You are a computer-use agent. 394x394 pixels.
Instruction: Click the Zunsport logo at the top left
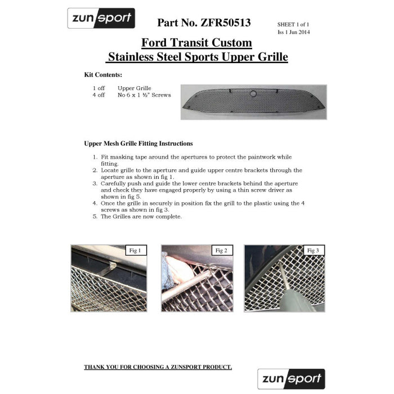tap(101, 19)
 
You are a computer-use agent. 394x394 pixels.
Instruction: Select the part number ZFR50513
tap(204, 23)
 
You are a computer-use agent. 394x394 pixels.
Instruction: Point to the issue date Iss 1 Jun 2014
tap(294, 32)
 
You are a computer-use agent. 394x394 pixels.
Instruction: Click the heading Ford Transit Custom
tap(196, 43)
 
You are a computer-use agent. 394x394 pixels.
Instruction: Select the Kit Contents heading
tap(103, 75)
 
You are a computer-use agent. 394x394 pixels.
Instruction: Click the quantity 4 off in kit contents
tap(98, 95)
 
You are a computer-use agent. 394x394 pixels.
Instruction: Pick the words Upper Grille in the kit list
tap(135, 88)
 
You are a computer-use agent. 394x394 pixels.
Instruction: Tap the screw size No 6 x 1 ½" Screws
tap(144, 95)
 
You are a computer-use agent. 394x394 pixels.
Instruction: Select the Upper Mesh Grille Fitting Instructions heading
tap(138, 144)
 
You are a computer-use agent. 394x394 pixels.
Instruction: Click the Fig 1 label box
tap(136, 250)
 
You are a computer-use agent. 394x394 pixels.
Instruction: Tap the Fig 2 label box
tap(221, 250)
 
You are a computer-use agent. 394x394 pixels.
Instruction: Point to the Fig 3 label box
tap(313, 250)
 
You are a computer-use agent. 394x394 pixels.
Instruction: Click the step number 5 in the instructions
tap(95, 217)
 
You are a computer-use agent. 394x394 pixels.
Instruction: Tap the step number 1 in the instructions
tap(95, 157)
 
